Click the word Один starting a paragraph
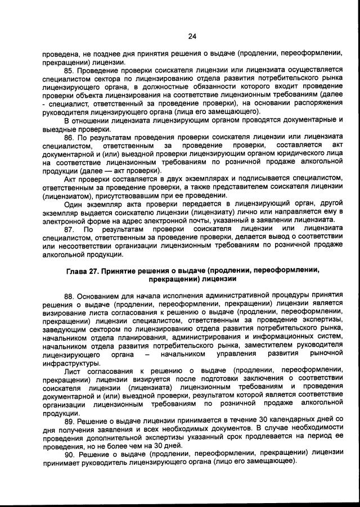[74, 205]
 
